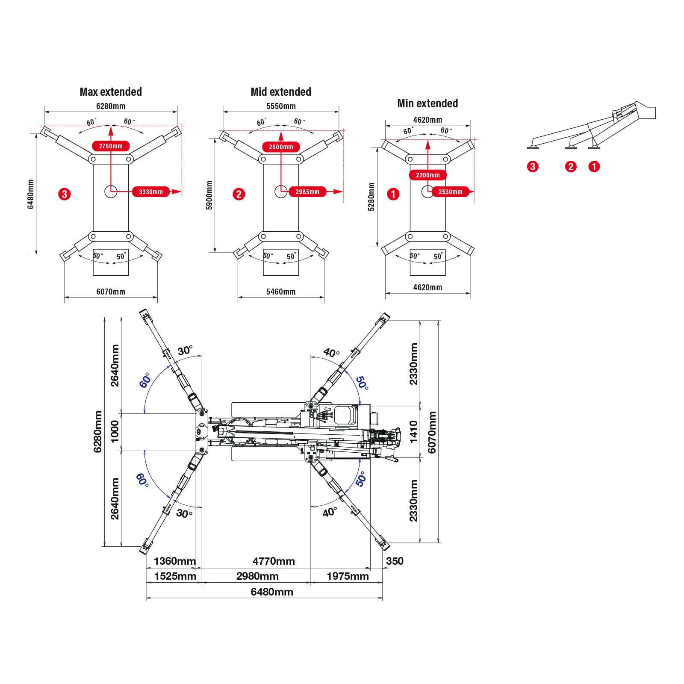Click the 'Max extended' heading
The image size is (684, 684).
click(111, 92)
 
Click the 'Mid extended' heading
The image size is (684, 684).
click(281, 92)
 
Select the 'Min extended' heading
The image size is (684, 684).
click(427, 103)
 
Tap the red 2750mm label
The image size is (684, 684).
click(111, 146)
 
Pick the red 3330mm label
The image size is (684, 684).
click(151, 192)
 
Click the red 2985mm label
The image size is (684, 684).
click(307, 192)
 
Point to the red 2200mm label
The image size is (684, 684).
click(427, 175)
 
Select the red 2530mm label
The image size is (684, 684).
click(450, 192)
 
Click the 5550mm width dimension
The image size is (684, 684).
click(281, 106)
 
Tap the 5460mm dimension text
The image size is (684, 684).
click(281, 292)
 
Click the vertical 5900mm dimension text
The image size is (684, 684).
click(209, 195)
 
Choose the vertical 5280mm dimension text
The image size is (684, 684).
click(371, 197)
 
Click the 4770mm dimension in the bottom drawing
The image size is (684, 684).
click(274, 561)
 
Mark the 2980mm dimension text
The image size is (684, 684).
click(257, 576)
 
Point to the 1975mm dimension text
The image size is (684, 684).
click(348, 576)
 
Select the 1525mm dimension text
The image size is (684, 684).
click(175, 576)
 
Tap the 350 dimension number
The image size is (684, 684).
click(395, 561)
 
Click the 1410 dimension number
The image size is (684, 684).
click(413, 431)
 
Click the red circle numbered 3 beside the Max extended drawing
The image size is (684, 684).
click(65, 194)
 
